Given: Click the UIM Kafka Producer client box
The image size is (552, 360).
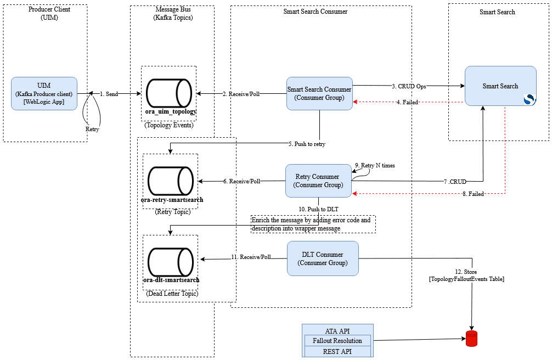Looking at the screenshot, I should (x=44, y=94).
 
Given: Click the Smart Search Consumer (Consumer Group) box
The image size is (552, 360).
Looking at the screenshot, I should (x=319, y=93).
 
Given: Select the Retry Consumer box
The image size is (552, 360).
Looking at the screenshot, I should (x=318, y=181).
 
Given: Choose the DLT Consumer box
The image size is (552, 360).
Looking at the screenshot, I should (x=323, y=258).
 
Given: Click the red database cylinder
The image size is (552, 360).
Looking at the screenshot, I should (x=472, y=339).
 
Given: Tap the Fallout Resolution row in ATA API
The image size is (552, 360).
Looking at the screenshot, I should (x=337, y=341).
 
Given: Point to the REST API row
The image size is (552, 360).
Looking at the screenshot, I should (x=337, y=351).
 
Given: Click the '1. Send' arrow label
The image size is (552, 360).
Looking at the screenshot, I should (x=109, y=94).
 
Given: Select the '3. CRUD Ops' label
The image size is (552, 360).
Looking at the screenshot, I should (x=409, y=86).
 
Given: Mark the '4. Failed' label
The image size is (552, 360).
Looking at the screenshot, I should (x=407, y=102).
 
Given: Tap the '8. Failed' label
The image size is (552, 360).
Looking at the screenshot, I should (x=473, y=194).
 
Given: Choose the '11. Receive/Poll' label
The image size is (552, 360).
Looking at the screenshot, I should (x=251, y=257).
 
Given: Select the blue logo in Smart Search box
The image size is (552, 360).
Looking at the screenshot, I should (x=529, y=99).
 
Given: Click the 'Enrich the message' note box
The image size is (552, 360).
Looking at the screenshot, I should (x=313, y=224).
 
